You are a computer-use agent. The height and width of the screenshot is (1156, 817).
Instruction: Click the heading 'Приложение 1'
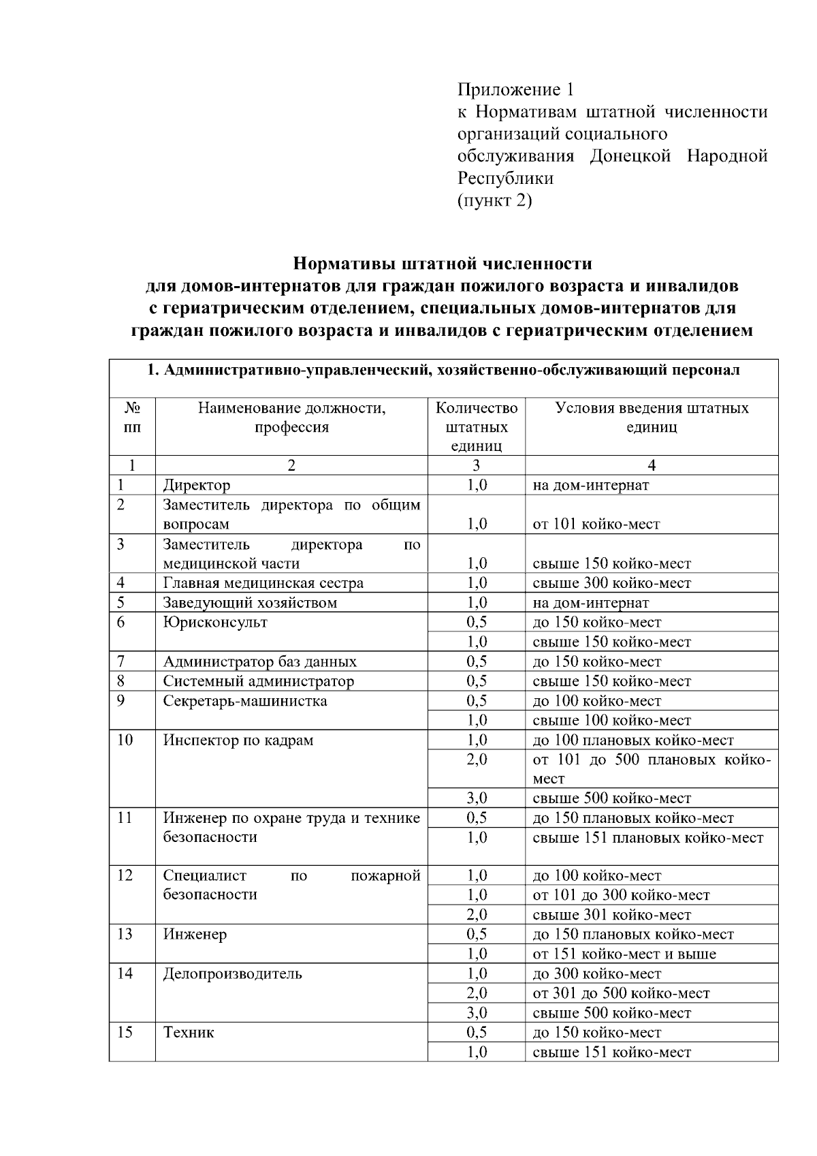click(515, 90)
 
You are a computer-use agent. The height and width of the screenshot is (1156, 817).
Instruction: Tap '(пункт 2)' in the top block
click(494, 201)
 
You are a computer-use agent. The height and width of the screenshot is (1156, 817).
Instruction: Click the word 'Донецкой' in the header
click(630, 156)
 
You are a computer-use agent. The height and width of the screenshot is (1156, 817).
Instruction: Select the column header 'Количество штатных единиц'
click(476, 427)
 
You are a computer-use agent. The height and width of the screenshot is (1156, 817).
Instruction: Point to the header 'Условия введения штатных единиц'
click(652, 418)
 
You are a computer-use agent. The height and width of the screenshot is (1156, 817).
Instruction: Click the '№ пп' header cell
click(132, 418)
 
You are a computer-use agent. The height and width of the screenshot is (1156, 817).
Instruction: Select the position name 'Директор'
click(197, 485)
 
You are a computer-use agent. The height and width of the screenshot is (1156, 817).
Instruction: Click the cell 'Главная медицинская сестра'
click(263, 583)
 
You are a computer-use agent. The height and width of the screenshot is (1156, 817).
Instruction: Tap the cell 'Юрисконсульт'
click(215, 622)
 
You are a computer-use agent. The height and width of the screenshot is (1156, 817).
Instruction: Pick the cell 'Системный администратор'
click(258, 681)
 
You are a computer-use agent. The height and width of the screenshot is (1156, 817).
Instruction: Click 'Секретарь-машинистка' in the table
click(244, 701)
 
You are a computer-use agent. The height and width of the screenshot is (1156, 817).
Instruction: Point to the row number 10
click(125, 740)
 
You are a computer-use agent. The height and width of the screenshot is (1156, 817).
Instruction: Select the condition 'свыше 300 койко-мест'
click(611, 583)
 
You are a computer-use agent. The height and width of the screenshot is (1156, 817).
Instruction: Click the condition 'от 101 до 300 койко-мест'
click(621, 895)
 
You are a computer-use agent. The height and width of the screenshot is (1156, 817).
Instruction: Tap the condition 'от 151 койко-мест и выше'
click(624, 954)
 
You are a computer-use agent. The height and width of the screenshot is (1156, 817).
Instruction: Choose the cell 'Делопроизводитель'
click(232, 973)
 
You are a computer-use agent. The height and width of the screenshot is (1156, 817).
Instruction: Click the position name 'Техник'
click(189, 1032)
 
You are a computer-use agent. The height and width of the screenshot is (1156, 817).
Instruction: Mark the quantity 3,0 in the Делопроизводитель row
click(477, 1013)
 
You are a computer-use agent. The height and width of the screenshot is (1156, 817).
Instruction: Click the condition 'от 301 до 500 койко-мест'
click(621, 993)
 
